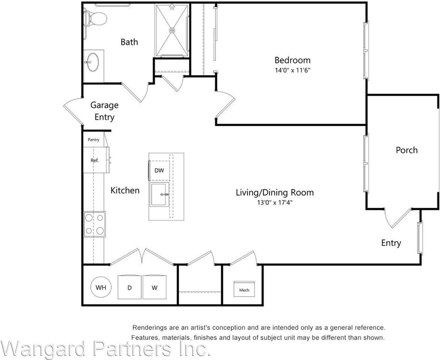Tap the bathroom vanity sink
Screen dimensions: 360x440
[92, 62]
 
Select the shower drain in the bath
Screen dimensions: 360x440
[172, 30]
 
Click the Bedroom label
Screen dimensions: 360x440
[292, 60]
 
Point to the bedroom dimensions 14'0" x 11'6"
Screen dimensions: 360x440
[292, 70]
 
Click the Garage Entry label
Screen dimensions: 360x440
[104, 111]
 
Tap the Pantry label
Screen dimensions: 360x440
[93, 140]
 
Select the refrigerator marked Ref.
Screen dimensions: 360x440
[95, 160]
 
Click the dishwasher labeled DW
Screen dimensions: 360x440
[159, 171]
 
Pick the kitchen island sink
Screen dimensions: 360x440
[160, 195]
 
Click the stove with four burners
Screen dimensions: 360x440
[94, 224]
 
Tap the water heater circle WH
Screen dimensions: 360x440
[101, 288]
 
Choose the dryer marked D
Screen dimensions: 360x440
[130, 288]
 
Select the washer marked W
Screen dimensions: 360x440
[155, 288]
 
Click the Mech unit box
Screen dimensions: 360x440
[244, 289]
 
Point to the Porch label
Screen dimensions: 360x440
[407, 150]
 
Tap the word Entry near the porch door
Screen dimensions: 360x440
[391, 243]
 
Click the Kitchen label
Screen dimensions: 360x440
[125, 190]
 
